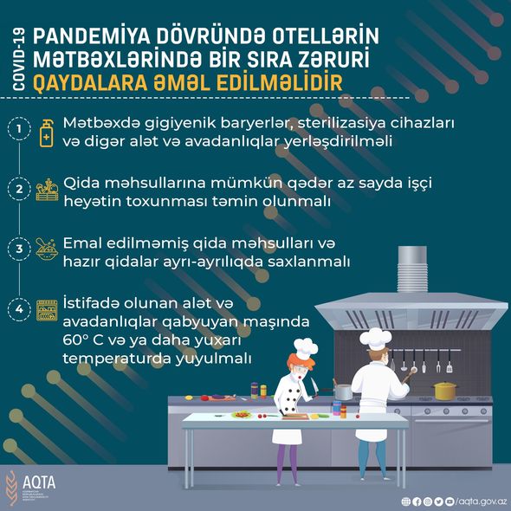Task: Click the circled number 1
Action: (x=19, y=129)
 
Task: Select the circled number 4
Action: (x=19, y=309)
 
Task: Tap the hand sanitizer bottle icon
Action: (x=46, y=133)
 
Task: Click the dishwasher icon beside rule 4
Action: (x=47, y=311)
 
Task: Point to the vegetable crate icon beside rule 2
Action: (x=48, y=190)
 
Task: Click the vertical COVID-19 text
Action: (x=18, y=60)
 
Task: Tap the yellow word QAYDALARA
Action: (x=90, y=83)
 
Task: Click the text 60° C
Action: (x=83, y=340)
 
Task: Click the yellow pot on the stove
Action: (x=445, y=391)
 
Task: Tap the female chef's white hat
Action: (x=305, y=348)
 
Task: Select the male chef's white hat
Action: (x=376, y=339)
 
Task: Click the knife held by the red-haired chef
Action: (x=314, y=386)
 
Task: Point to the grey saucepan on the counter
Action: (x=342, y=391)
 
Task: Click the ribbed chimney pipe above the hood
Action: (x=412, y=269)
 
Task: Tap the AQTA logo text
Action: (x=39, y=482)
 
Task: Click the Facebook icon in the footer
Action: (x=417, y=501)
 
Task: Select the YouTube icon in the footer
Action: (x=450, y=501)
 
